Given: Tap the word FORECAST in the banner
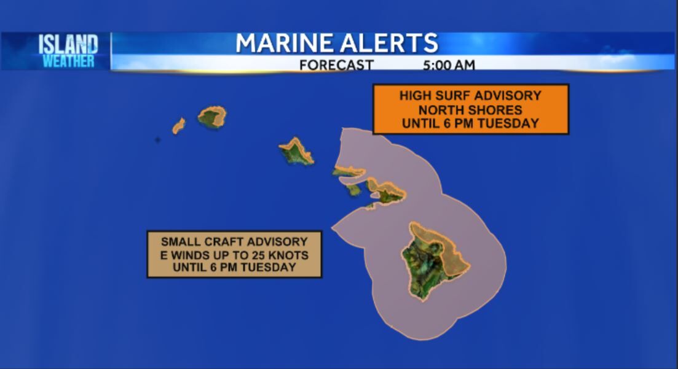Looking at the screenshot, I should pos(336,64).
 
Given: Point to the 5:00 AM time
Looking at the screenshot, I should pos(448,64).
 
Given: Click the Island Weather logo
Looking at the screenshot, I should pos(68,50).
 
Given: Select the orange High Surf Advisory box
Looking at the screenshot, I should pos(470,109).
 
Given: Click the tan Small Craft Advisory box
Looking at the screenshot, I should pos(234,254).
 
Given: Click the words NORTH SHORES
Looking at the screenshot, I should pos(470,110).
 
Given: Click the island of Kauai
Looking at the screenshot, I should pos(213,117).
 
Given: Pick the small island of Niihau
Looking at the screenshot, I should pos(178,126).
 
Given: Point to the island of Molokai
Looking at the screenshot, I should pos(349,171).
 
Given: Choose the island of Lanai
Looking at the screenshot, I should pos(354,190).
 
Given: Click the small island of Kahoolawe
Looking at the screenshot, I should pos(371,206).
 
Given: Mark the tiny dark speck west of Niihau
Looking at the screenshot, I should pos(158,140).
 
